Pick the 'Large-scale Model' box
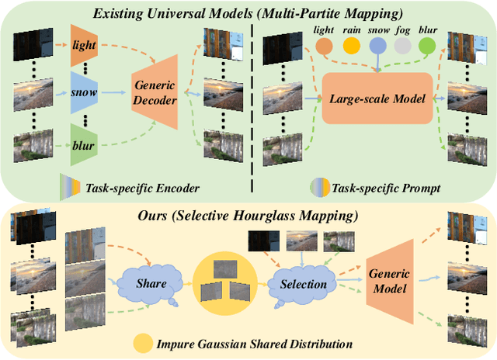coord(376,99)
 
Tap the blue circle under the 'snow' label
coord(378,46)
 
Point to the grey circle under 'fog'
coord(402,46)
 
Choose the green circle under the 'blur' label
coord(427,46)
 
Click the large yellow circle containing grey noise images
coord(224,281)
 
